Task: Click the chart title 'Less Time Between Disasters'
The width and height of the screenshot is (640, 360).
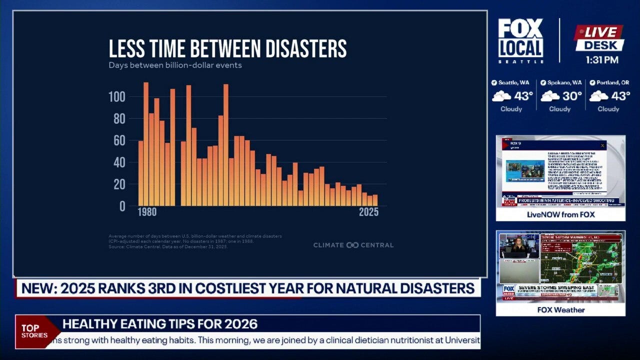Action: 227,49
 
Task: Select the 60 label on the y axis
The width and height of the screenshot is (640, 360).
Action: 119,140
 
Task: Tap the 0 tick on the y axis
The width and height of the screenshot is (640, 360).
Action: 122,206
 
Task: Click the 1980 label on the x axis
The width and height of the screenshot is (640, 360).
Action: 147,212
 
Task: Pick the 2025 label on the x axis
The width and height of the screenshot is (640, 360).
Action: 369,212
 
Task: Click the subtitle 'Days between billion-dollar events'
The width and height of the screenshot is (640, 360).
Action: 175,65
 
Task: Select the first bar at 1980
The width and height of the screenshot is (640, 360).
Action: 141,173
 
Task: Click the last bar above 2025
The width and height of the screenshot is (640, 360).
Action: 375,200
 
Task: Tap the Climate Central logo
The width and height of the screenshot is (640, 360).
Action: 353,245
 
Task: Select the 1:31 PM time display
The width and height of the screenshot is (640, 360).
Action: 601,60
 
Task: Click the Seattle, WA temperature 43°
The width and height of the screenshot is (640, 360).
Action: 524,95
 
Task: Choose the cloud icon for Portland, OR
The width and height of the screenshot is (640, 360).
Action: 598,96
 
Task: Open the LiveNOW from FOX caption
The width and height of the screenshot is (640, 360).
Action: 560,214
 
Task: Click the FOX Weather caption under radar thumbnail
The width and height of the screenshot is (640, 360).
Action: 560,310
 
